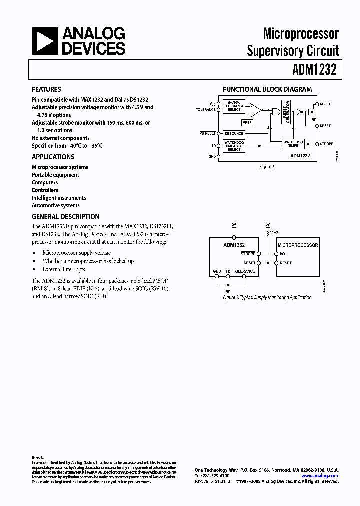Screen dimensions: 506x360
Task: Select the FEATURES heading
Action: point(46,89)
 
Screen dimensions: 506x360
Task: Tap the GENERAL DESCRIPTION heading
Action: point(65,217)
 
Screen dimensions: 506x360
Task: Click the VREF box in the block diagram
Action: point(247,122)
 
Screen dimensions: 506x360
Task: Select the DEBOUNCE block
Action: point(234,134)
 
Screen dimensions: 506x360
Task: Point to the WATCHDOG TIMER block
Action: point(293,143)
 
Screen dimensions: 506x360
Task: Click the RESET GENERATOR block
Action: point(286,111)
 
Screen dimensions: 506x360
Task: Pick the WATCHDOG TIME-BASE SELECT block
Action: point(234,146)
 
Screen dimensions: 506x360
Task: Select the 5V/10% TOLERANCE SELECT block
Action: point(234,107)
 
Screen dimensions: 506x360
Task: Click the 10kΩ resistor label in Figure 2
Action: point(274,233)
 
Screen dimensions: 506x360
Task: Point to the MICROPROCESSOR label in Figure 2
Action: point(298,245)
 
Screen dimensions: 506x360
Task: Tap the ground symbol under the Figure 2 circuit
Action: point(228,289)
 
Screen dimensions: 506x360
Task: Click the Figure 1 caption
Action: point(267,167)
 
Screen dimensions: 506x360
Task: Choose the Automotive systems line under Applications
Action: point(55,205)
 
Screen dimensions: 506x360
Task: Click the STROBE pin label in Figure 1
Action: point(326,144)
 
